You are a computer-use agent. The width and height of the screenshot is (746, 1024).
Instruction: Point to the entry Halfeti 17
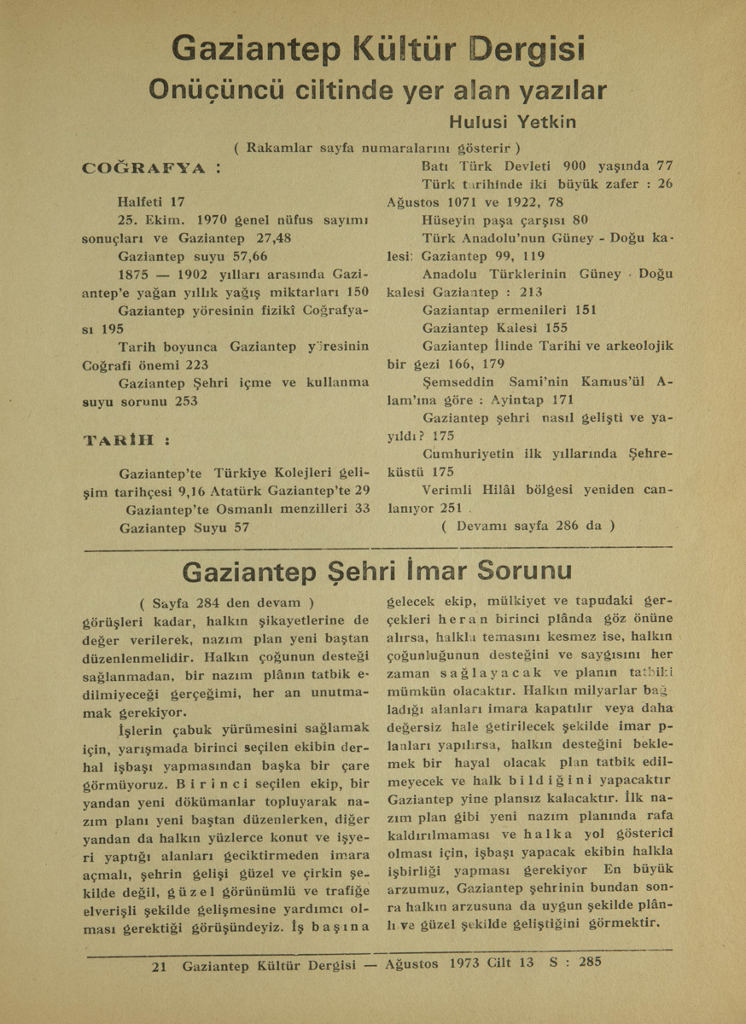click(x=152, y=202)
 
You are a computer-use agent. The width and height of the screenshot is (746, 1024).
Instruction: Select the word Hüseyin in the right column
click(x=449, y=220)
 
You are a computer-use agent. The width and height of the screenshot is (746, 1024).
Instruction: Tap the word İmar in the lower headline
click(x=440, y=569)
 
